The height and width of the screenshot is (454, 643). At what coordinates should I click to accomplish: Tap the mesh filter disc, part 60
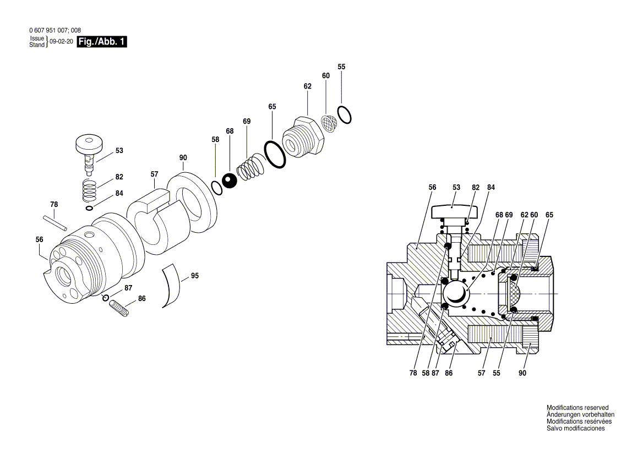(329, 124)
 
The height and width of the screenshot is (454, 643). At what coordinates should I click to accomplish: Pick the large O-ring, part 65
(274, 155)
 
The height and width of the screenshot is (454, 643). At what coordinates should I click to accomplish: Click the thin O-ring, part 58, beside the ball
(217, 187)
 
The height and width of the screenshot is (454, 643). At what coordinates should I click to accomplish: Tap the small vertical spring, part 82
(89, 192)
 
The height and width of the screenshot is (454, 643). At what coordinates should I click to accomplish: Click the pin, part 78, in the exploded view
(55, 222)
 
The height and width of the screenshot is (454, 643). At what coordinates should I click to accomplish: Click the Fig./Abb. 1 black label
(102, 42)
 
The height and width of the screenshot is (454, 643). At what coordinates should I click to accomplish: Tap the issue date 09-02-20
(61, 42)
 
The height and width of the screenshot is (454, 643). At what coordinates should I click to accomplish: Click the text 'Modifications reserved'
(577, 408)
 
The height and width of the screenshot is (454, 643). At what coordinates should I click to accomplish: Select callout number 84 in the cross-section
(491, 188)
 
